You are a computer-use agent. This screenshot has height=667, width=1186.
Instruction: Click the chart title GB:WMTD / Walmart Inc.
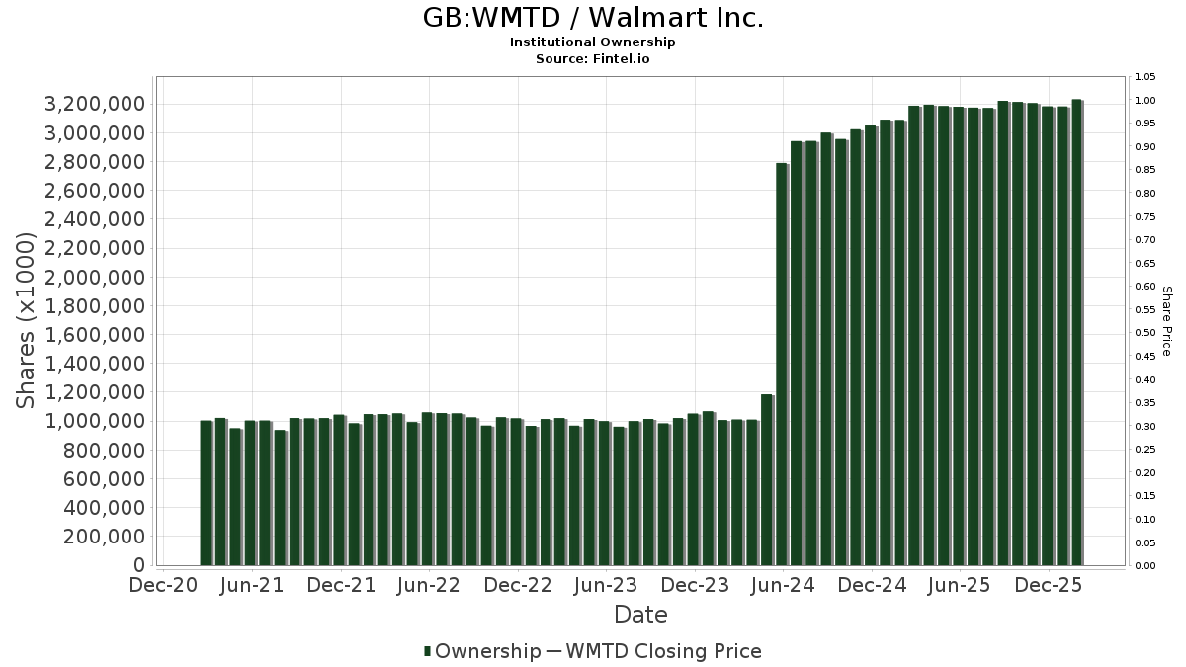[x=593, y=18]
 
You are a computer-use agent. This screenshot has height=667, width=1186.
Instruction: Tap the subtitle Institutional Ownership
[x=593, y=42]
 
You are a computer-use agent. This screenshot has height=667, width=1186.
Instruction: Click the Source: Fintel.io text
[x=593, y=59]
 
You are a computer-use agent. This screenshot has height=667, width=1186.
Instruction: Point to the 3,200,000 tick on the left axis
[x=96, y=105]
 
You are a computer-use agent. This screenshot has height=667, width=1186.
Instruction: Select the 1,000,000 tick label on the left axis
[x=96, y=422]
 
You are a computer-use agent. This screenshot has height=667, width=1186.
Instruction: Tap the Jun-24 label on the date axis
[x=783, y=585]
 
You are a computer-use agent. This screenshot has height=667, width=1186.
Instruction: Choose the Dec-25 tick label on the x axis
[x=1049, y=585]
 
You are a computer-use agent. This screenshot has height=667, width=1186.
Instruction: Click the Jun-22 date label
[x=429, y=585]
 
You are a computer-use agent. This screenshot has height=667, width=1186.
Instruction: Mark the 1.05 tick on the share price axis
[x=1145, y=77]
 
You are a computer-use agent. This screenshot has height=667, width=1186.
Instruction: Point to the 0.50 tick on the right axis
[x=1145, y=333]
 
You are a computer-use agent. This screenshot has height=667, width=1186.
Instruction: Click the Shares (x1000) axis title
[x=28, y=320]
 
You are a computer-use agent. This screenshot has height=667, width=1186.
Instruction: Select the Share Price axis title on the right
[x=1166, y=320]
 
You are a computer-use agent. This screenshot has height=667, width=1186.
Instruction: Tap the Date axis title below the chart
[x=640, y=615]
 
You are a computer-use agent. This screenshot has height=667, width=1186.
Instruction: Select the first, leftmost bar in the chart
[x=206, y=493]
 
